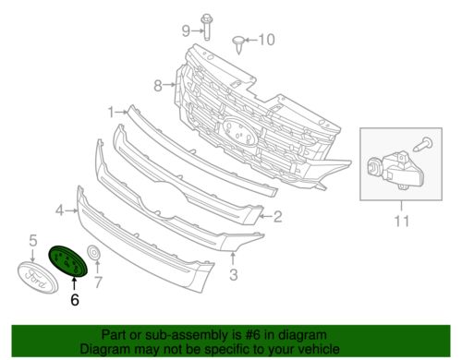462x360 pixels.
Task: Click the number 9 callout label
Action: (x=186, y=30)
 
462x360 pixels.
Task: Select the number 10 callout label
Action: (x=266, y=40)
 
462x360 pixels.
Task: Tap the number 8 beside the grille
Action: (x=158, y=86)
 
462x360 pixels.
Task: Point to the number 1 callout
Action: (x=111, y=113)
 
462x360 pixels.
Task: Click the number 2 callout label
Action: (x=277, y=216)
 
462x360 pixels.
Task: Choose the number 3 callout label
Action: (x=234, y=274)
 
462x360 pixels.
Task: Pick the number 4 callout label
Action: (x=60, y=210)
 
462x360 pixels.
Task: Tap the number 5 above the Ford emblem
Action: (x=33, y=240)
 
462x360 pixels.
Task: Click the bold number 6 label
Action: (x=75, y=300)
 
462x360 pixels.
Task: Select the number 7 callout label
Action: (x=98, y=282)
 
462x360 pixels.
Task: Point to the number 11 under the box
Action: (x=402, y=221)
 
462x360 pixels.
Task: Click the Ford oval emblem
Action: (x=38, y=278)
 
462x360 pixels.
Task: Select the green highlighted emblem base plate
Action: (x=68, y=261)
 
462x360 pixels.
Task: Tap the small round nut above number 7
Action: (x=94, y=253)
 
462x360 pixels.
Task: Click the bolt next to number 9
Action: (x=206, y=27)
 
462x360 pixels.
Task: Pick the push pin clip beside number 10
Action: (x=238, y=44)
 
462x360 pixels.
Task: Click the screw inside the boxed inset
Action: (x=423, y=145)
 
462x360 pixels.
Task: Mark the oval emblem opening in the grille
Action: (x=239, y=131)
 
